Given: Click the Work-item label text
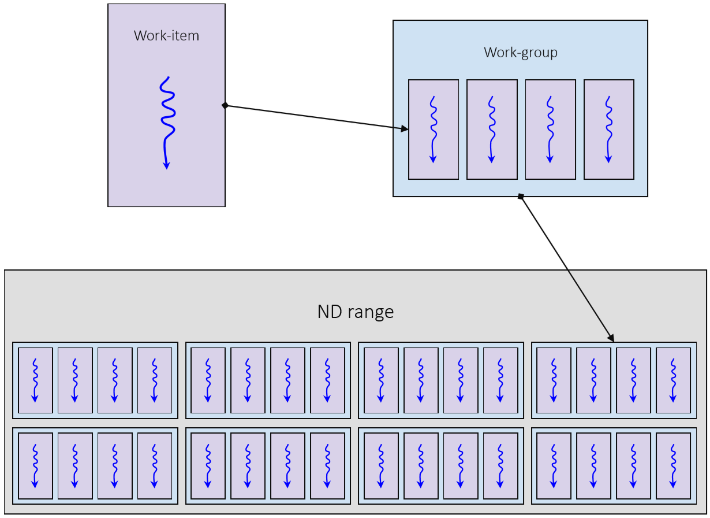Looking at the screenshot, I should pyautogui.click(x=166, y=36).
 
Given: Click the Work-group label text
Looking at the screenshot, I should pyautogui.click(x=520, y=53).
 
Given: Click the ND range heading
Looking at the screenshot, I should pyautogui.click(x=355, y=312).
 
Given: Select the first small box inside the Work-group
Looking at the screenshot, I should pyautogui.click(x=433, y=129).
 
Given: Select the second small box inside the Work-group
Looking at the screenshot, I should pyautogui.click(x=492, y=129).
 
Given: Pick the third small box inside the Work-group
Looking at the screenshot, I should pyautogui.click(x=550, y=129).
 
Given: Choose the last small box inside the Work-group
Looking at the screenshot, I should pyautogui.click(x=608, y=129).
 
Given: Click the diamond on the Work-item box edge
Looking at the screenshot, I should pyautogui.click(x=225, y=105).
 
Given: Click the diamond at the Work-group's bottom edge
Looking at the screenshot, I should pyautogui.click(x=521, y=197).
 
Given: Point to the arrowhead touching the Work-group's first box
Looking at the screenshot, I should pyautogui.click(x=405, y=129).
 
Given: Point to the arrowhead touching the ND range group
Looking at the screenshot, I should pyautogui.click(x=611, y=338).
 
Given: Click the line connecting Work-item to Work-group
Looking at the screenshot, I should pyautogui.click(x=315, y=117).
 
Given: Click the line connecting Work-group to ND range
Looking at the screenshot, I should pyautogui.click(x=566, y=267).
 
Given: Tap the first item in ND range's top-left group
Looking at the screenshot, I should pyautogui.click(x=35, y=380).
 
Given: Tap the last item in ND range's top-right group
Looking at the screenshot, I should pyautogui.click(x=673, y=380).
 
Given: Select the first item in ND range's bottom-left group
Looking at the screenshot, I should pyautogui.click(x=35, y=466).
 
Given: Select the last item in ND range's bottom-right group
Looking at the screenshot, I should pyautogui.click(x=673, y=466).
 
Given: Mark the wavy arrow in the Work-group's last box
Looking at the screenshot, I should pyautogui.click(x=608, y=129).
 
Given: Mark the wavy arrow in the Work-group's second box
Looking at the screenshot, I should pyautogui.click(x=491, y=129).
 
